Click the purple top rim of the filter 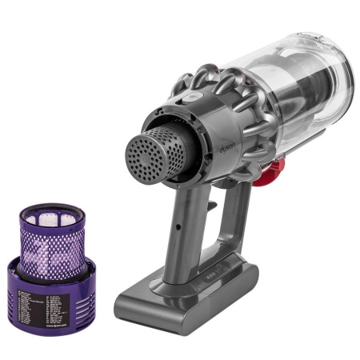coord(50,207)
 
